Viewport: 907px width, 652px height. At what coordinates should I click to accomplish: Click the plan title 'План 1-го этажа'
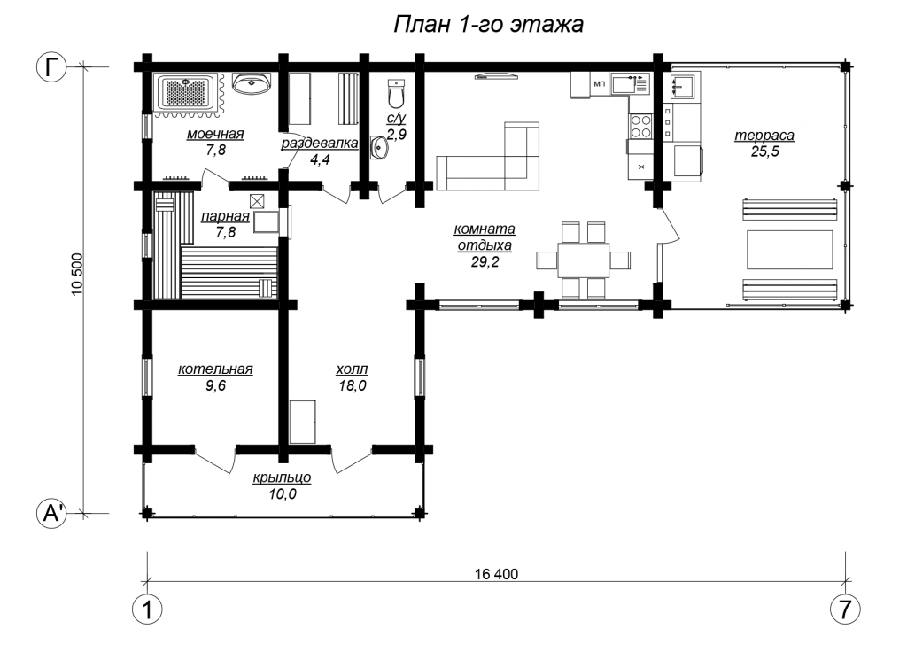[x=488, y=25]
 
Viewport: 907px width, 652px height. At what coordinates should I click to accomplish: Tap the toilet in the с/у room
[x=396, y=94]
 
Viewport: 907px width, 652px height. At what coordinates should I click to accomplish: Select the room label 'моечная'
[x=215, y=135]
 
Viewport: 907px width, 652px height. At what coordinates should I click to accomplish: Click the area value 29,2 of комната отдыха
[x=485, y=262]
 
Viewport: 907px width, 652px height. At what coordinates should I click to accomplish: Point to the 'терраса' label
[x=764, y=136]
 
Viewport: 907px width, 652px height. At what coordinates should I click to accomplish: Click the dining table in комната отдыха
[x=583, y=260]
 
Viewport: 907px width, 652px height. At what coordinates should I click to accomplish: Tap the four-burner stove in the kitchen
[x=640, y=127]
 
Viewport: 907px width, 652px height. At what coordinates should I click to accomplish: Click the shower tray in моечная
[x=186, y=92]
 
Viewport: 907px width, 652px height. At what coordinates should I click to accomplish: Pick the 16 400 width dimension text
[x=496, y=574]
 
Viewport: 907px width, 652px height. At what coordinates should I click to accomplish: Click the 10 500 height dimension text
[x=78, y=275]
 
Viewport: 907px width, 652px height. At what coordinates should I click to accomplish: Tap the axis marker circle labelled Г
[x=52, y=67]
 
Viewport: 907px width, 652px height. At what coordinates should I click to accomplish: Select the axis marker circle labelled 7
[x=845, y=609]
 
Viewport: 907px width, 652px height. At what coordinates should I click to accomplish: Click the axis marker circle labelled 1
[x=147, y=609]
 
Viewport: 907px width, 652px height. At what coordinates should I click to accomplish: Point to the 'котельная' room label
[x=215, y=369]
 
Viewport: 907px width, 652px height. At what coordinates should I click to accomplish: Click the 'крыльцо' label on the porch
[x=282, y=477]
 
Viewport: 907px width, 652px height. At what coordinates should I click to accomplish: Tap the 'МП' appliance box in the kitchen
[x=599, y=84]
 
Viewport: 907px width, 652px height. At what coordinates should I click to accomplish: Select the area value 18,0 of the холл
[x=353, y=386]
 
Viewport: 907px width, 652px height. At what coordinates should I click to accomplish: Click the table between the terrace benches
[x=789, y=249]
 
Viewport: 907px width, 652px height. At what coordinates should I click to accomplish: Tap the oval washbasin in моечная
[x=252, y=83]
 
